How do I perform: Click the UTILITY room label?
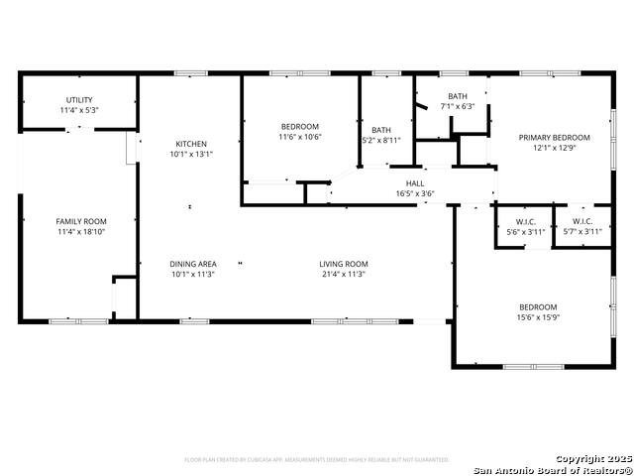point(79,100)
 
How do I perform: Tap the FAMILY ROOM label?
point(81,221)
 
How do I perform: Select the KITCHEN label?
point(191,144)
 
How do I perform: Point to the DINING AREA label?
point(192,264)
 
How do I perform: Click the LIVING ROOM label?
point(344,264)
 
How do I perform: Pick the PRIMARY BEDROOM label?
point(555,138)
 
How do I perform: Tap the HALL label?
point(415,183)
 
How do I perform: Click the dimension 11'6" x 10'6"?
point(299,137)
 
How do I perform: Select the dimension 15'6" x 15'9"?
point(538,317)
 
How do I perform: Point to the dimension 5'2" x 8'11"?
point(381,141)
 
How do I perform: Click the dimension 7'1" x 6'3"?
point(457,107)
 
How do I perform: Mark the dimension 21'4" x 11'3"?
point(344,274)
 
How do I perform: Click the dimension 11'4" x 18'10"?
point(81,231)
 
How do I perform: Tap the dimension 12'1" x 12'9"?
point(555,148)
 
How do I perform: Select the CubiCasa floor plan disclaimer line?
point(317,460)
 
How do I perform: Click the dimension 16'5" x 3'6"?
point(415,193)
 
